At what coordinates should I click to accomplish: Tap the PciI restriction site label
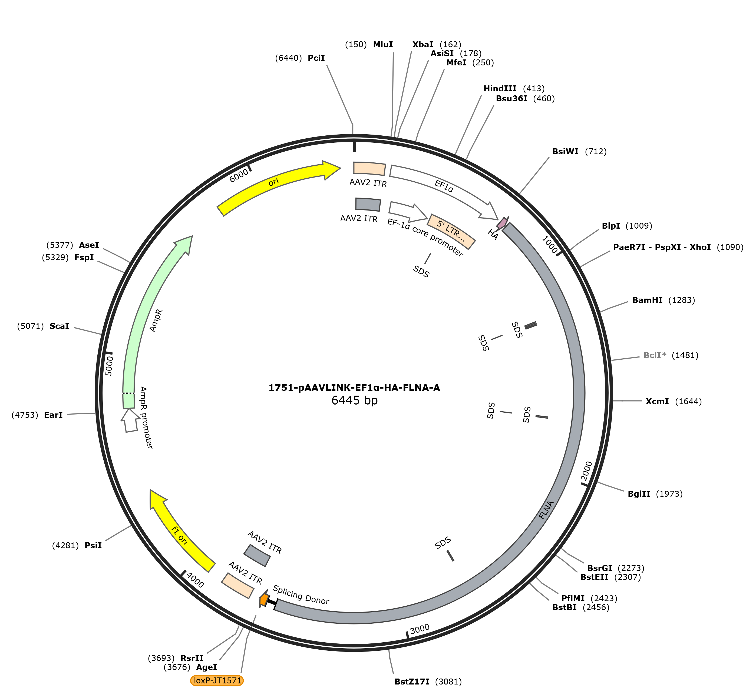point(316,58)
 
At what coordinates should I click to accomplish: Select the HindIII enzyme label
point(500,88)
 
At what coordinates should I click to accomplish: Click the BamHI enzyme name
point(648,300)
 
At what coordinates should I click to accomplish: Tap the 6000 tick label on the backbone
point(239,175)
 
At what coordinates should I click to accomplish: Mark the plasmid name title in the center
point(354,388)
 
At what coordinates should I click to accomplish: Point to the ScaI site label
point(59,326)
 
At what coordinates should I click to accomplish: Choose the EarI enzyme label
point(53,415)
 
